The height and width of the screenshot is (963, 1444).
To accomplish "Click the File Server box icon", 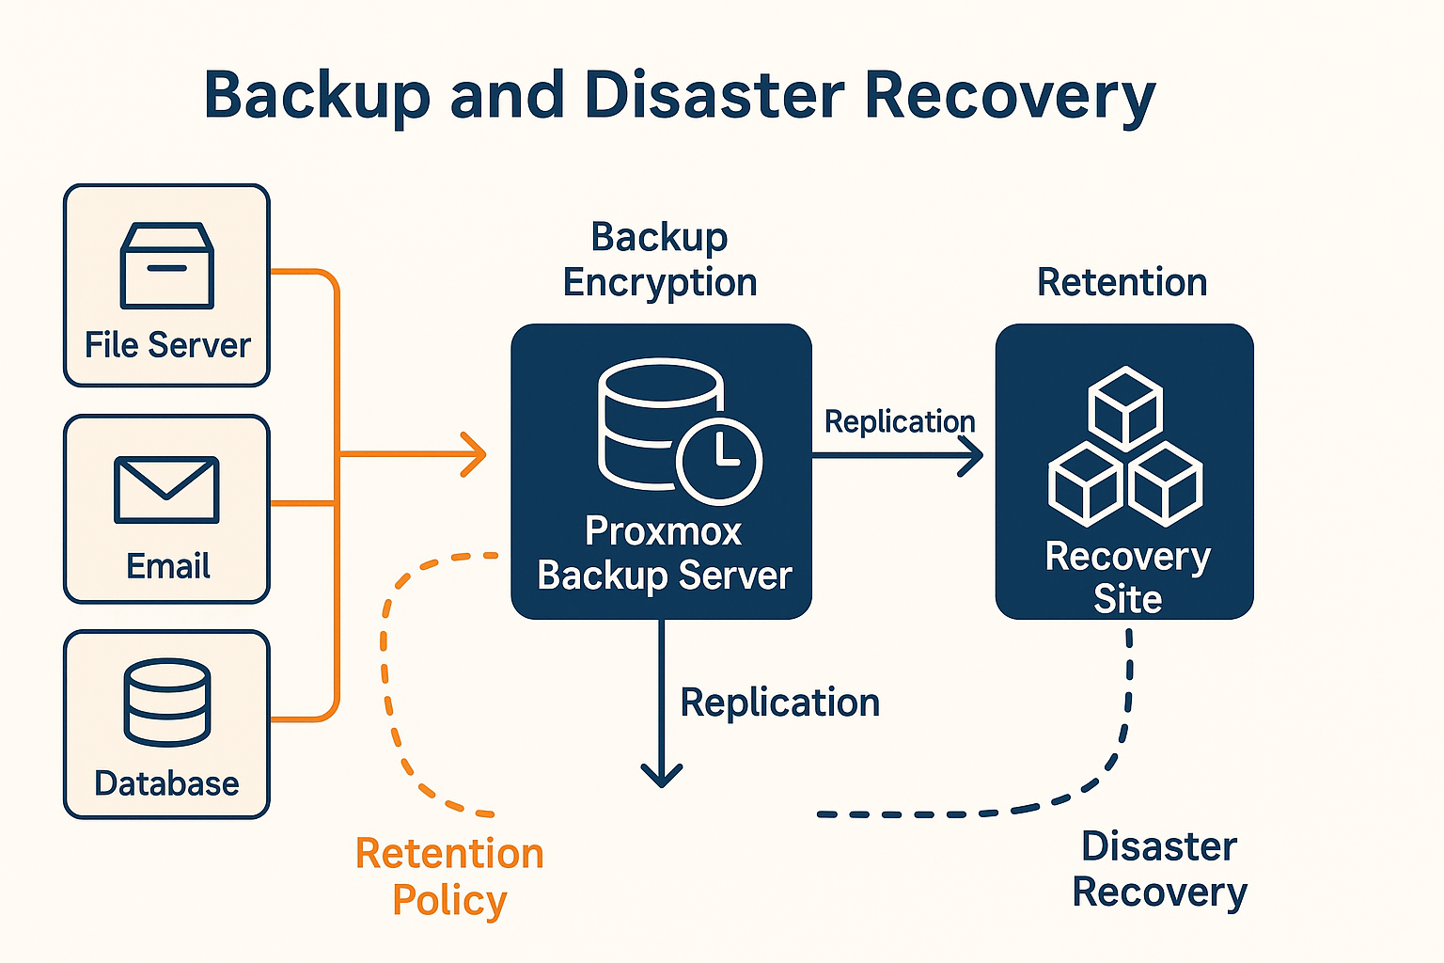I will coord(167,265).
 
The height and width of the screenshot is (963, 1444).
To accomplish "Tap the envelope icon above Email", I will coord(166,489).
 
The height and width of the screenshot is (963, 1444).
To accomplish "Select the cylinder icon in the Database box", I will coord(167,702).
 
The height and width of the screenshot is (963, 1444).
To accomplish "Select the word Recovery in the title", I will coord(1010,95).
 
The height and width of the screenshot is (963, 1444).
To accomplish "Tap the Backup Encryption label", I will coord(660,260).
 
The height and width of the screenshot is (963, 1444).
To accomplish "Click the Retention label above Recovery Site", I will coord(1122,282).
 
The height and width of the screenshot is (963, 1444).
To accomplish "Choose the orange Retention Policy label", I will coord(449,876).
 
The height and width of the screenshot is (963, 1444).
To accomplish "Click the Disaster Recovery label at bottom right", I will coord(1159,869).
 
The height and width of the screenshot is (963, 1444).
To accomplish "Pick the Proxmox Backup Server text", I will coord(664,553).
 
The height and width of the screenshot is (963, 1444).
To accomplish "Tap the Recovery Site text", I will coord(1127,577).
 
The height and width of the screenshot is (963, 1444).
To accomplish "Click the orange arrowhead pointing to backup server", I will coord(477,454).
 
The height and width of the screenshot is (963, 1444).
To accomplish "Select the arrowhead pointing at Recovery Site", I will coord(973,456).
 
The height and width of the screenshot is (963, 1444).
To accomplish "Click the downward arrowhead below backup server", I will coord(662,775).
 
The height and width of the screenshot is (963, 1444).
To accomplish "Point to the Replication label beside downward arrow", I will coord(779,703).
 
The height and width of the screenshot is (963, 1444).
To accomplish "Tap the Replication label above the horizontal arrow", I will coord(900,421).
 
